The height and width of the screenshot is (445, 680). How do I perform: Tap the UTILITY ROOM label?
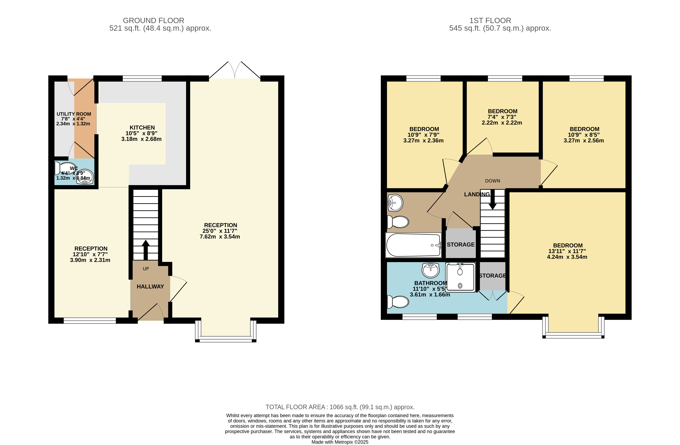coord(74,114)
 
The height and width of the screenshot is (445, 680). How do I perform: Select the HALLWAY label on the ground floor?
coord(150,287)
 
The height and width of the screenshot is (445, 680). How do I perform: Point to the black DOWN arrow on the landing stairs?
coord(493,199)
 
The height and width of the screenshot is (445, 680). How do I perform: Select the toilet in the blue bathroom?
coord(398,302)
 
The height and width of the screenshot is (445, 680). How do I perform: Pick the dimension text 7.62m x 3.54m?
coord(220,237)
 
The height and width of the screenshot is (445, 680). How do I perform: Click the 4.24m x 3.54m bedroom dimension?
coord(567,257)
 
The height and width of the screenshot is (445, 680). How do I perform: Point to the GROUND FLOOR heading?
coord(153,21)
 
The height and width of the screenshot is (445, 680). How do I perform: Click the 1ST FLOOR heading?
coord(490,21)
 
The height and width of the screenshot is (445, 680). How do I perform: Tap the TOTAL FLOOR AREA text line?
coord(340,407)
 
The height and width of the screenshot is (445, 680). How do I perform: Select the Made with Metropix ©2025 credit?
coord(340,442)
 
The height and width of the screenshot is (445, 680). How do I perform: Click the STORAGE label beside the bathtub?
coord(461,245)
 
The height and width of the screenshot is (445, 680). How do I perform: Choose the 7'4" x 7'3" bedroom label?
coord(502,117)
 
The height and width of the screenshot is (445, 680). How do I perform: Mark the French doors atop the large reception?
coord(235,70)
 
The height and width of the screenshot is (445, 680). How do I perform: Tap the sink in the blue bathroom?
coord(431,270)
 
